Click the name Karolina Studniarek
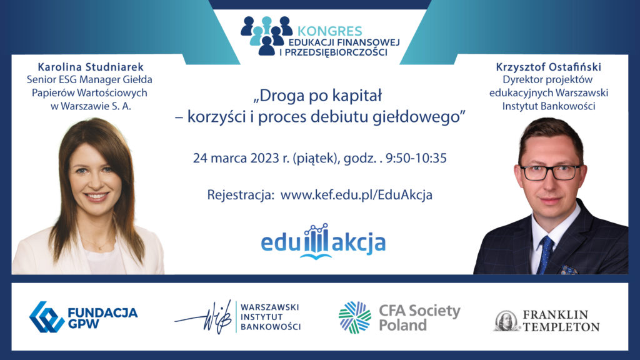pyautogui.click(x=91, y=66)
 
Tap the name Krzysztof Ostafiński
pyautogui.click(x=549, y=66)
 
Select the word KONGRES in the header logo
pyautogui.click(x=330, y=31)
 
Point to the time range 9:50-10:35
pyautogui.click(x=416, y=158)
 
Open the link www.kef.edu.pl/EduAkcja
pyautogui.click(x=356, y=195)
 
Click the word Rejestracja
pyautogui.click(x=241, y=195)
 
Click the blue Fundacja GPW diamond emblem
pyautogui.click(x=46, y=317)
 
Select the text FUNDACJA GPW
pyautogui.click(x=102, y=318)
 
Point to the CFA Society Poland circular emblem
pyautogui.click(x=355, y=317)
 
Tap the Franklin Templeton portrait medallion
pyautogui.click(x=506, y=321)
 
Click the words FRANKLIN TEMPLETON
pyautogui.click(x=561, y=321)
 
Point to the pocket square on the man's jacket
pyautogui.click(x=569, y=270)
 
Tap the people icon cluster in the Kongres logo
pyautogui.click(x=266, y=36)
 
